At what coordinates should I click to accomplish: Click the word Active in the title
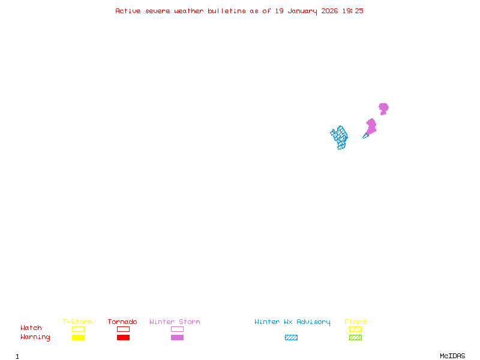(x=128, y=11)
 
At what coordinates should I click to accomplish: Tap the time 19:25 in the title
(x=353, y=11)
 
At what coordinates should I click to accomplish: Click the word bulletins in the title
(x=226, y=11)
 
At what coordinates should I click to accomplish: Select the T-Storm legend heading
(x=77, y=322)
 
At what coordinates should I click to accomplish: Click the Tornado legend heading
(x=122, y=322)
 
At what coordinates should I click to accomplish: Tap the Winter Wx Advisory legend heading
(x=292, y=322)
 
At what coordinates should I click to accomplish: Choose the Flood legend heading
(x=355, y=322)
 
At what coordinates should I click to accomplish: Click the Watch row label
(x=31, y=328)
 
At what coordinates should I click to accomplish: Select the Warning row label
(x=35, y=337)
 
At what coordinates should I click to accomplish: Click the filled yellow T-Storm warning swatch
(x=78, y=338)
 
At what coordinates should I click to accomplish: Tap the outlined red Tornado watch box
(x=123, y=329)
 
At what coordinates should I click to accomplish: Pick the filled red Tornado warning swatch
(x=123, y=338)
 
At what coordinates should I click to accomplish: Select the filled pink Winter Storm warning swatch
(x=177, y=338)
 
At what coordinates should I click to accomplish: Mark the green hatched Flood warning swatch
(x=355, y=338)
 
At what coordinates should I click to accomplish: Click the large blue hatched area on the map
(x=340, y=137)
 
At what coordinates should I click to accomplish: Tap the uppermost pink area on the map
(x=383, y=108)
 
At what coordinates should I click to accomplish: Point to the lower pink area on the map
(x=371, y=127)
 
